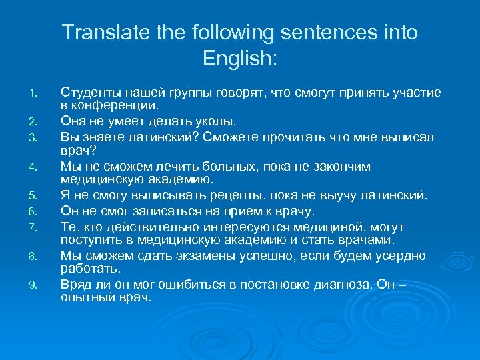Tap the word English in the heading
[236, 59]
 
